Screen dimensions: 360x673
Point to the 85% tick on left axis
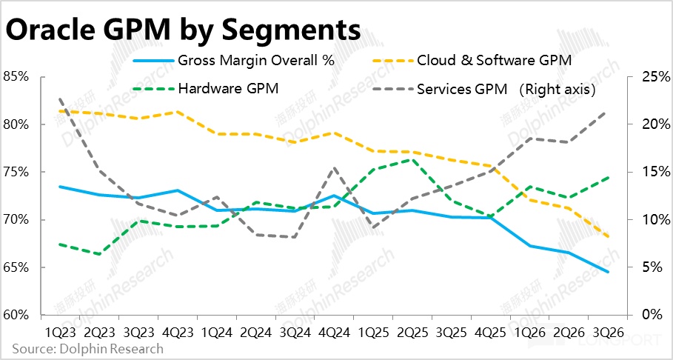pos(16,76)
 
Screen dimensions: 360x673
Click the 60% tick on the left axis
pos(16,315)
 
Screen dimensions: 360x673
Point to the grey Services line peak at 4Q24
pos(334,168)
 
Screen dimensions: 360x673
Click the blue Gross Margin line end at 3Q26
pos(609,272)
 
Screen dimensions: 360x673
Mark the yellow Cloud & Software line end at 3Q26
pos(609,237)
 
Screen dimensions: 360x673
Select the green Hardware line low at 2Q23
pos(99,254)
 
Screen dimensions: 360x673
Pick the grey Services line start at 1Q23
pos(60,99)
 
